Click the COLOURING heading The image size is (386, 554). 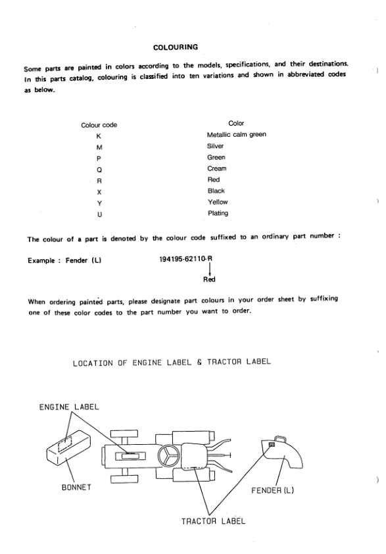pos(176,48)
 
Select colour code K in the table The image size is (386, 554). pos(99,136)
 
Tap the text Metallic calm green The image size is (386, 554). pos(236,135)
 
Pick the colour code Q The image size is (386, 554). pos(99,169)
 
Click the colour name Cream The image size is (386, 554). pos(217,168)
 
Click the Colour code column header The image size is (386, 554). pos(99,124)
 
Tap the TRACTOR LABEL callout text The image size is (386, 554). pos(214,521)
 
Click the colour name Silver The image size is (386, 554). pos(216,147)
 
